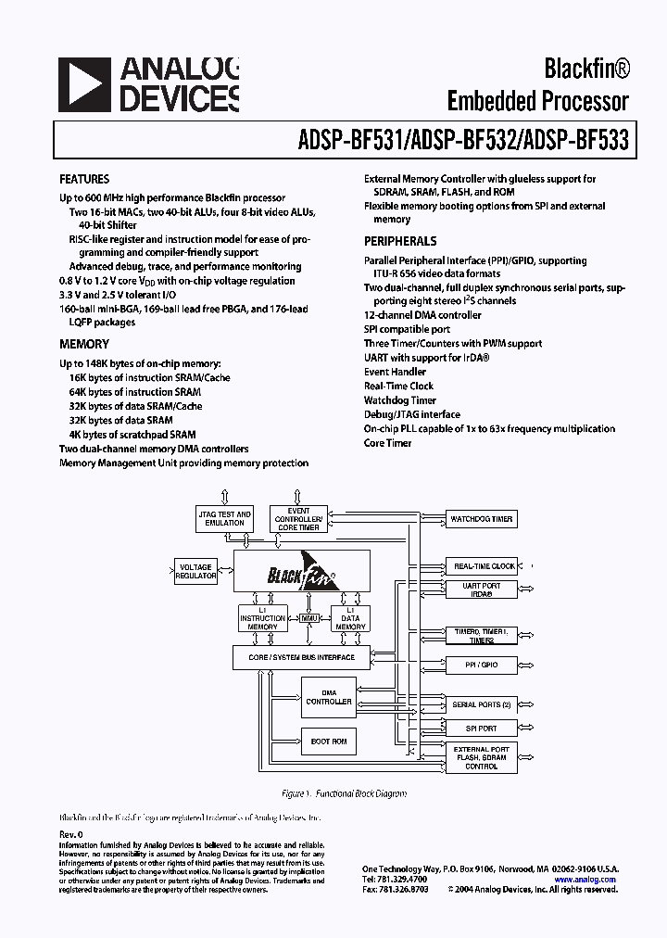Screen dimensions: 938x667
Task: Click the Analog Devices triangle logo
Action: (82, 84)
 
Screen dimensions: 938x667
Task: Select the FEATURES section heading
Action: (84, 179)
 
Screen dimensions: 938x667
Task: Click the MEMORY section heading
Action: (84, 344)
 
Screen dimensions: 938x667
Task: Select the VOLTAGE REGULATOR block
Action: (195, 571)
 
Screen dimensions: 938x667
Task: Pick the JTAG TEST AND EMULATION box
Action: (225, 518)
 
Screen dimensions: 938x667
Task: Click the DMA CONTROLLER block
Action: (329, 697)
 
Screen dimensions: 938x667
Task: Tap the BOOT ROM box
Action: (329, 741)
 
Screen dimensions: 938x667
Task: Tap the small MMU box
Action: (309, 617)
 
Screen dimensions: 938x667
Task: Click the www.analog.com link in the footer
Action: (585, 880)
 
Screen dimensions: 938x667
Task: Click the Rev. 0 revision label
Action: (71, 834)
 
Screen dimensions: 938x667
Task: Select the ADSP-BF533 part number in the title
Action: (575, 140)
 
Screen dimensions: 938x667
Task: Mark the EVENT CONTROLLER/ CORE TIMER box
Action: (297, 519)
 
